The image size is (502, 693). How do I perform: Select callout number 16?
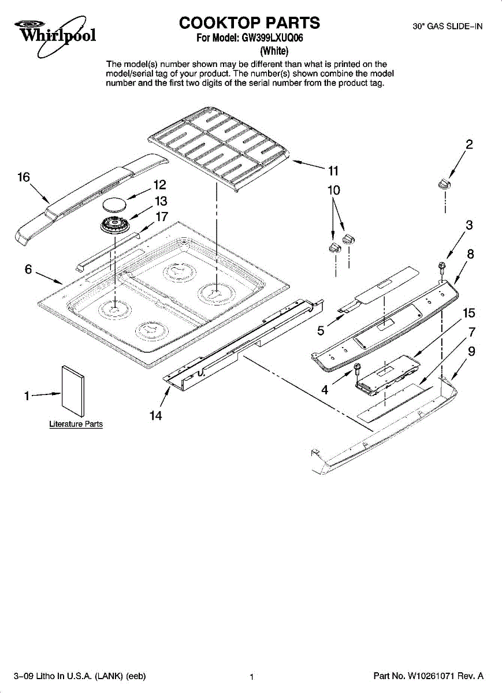click(x=24, y=178)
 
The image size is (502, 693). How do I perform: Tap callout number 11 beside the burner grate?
click(x=333, y=171)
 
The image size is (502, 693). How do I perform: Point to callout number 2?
click(x=470, y=145)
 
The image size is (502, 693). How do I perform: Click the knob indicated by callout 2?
click(x=444, y=184)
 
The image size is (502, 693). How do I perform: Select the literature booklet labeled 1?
click(x=74, y=390)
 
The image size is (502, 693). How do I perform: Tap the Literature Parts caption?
click(x=76, y=424)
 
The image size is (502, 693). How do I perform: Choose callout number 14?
click(x=155, y=415)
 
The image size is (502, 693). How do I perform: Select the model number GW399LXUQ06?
click(x=274, y=39)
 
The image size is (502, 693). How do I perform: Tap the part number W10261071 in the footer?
click(x=436, y=676)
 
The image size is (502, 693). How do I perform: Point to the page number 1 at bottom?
click(x=252, y=677)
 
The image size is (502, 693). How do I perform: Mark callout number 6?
click(x=28, y=270)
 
